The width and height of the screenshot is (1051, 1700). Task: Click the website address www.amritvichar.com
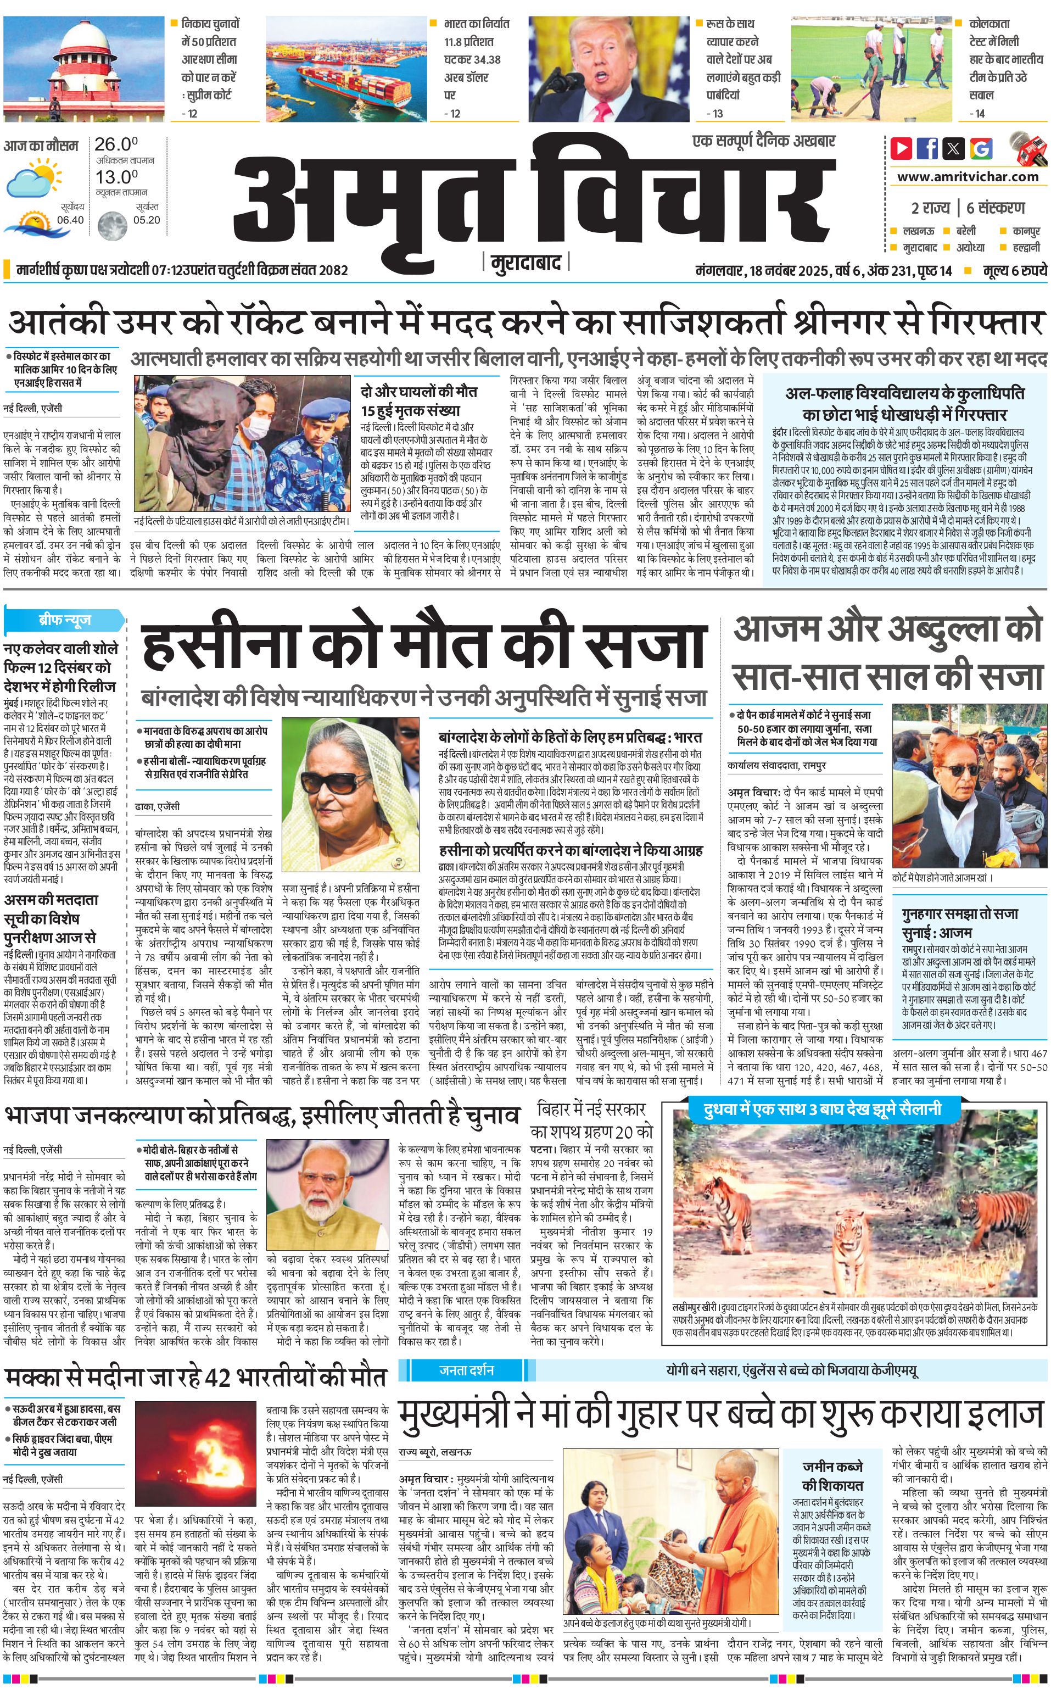968,177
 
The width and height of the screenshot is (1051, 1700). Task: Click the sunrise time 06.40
70,220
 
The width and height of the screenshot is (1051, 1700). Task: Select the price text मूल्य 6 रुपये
1014,270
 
